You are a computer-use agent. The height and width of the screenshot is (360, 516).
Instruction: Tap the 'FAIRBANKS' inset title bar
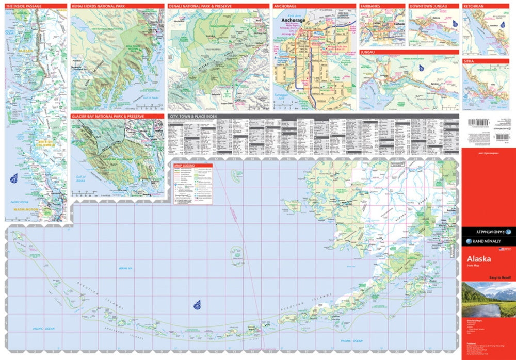pos(370,6)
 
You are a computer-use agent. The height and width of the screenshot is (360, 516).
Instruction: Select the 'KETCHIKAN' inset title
pos(474,6)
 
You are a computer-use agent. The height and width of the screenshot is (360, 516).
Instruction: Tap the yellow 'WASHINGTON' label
pos(26,209)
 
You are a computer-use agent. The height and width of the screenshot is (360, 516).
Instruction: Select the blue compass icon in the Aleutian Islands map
pos(197,305)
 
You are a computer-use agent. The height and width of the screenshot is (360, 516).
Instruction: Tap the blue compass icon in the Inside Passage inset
pos(13,178)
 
